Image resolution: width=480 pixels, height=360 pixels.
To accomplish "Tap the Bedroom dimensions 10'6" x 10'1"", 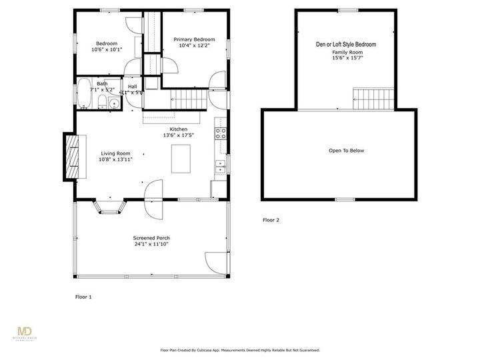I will point(107,49).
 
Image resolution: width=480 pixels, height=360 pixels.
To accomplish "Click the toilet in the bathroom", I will point(101,102).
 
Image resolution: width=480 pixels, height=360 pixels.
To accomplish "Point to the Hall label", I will point(132,87).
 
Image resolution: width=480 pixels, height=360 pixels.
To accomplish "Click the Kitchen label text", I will point(178,129).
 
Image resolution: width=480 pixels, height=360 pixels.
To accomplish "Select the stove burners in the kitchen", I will point(219,132).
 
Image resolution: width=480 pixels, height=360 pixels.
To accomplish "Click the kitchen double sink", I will point(219,167).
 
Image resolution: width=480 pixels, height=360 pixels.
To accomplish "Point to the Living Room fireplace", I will point(70,156).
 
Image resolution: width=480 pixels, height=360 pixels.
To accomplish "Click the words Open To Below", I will point(346,151).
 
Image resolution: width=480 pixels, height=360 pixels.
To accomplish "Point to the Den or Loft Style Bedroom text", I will point(345,44).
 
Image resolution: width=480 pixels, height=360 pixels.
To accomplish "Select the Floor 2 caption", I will point(271,220).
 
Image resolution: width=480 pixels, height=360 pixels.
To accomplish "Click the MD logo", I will point(25,331).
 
